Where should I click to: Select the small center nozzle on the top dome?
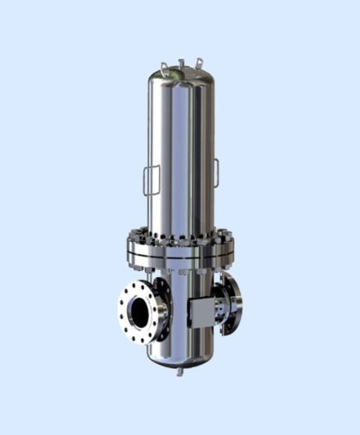coord(182,61)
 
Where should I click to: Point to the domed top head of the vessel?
coord(182,77)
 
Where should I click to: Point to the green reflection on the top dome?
coord(174,74)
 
